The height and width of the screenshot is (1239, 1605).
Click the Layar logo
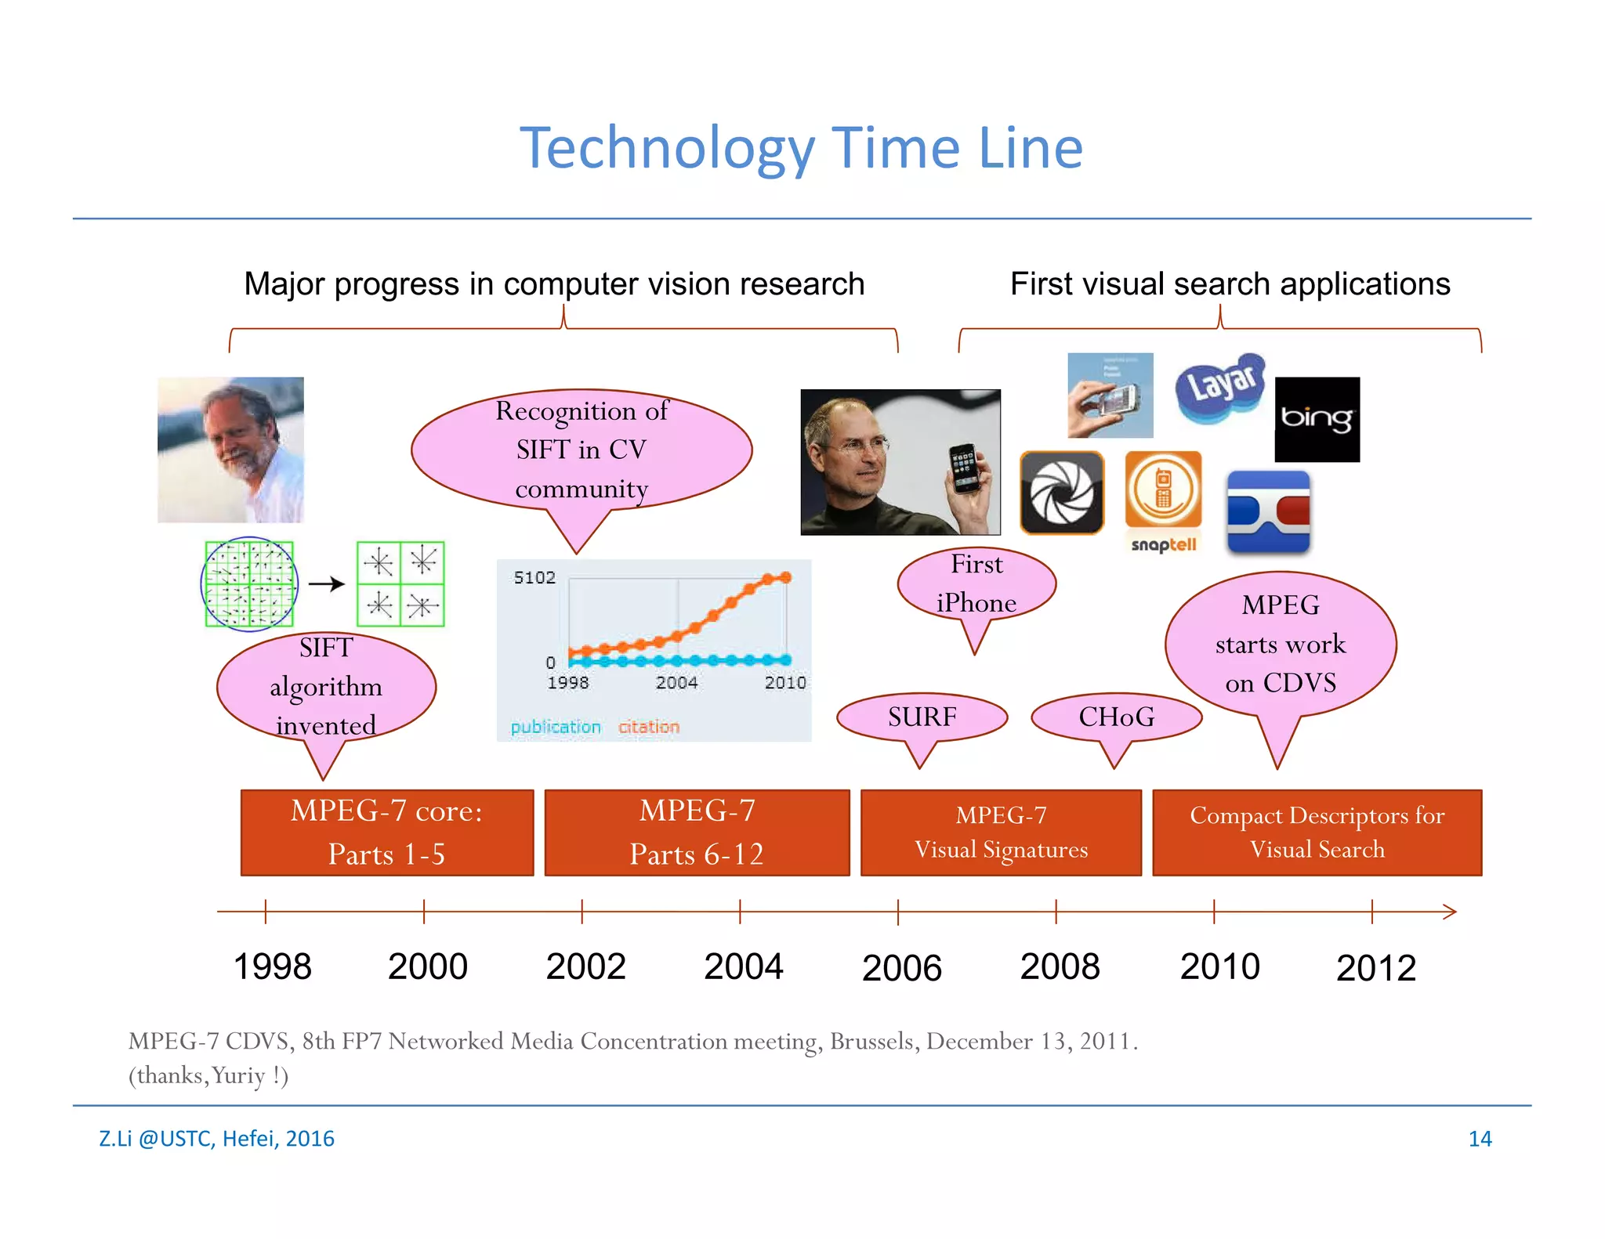tap(1220, 388)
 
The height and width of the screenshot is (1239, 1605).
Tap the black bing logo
tap(1317, 419)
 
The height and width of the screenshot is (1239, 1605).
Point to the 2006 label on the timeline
tap(901, 968)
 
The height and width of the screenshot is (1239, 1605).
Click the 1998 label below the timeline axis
tap(272, 966)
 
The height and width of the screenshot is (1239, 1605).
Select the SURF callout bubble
tap(922, 717)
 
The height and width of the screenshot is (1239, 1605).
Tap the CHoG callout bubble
tap(1116, 717)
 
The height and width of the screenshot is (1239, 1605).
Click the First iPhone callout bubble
tap(976, 584)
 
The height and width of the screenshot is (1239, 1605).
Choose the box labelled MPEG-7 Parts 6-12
tap(697, 833)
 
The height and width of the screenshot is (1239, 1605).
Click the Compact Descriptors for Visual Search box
tap(1317, 833)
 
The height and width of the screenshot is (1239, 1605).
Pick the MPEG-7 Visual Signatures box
tap(1001, 833)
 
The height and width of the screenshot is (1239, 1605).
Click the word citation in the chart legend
tap(648, 727)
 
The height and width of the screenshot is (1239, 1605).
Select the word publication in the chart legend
tap(555, 727)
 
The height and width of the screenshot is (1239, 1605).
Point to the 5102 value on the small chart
tap(534, 578)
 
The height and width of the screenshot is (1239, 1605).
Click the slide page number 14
tap(1479, 1139)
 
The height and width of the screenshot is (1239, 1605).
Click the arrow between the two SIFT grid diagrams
tap(326, 583)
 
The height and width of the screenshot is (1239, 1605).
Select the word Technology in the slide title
tap(668, 148)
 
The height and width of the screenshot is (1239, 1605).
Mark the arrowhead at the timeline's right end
tap(1450, 912)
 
